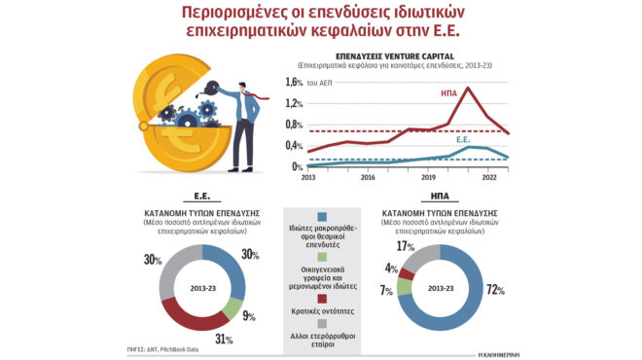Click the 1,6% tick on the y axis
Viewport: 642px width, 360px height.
(293, 83)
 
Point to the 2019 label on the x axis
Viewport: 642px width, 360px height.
(429, 177)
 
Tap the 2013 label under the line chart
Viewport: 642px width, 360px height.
(308, 177)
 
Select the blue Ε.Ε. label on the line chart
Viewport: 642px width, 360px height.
(466, 140)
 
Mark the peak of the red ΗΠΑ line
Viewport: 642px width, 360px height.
(469, 89)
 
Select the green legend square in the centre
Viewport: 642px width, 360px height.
(321, 256)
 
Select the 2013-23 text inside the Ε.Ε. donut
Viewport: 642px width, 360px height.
(202, 290)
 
